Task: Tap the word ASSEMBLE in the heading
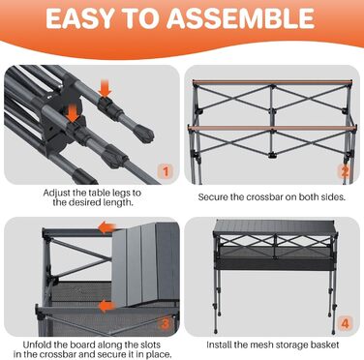point(241,18)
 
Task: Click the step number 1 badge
point(166,171)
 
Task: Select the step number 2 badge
point(345,171)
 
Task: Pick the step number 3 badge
point(166,323)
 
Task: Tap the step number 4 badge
point(345,323)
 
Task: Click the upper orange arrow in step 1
point(106,88)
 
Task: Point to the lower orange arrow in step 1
point(73,113)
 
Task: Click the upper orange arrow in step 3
point(106,227)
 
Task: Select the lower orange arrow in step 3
point(107,306)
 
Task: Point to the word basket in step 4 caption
point(324,345)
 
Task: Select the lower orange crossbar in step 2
point(273,128)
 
